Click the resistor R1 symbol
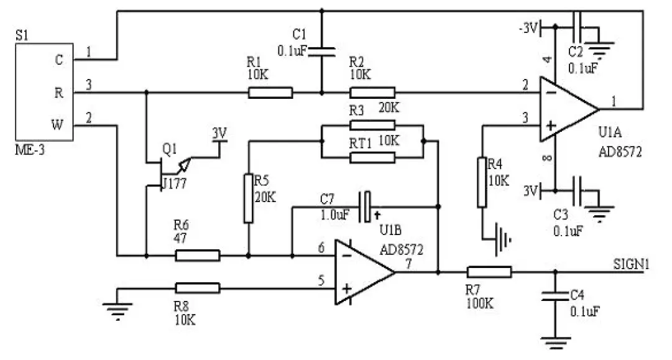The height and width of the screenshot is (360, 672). pyautogui.click(x=270, y=93)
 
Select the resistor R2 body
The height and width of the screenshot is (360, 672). pyautogui.click(x=372, y=93)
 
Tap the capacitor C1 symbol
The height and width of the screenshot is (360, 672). pyautogui.click(x=321, y=50)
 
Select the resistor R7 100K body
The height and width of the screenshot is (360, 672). pyautogui.click(x=489, y=272)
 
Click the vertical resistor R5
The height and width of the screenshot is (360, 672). pyautogui.click(x=249, y=198)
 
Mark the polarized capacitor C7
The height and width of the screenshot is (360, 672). pyautogui.click(x=367, y=206)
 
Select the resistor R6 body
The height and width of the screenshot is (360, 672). pyautogui.click(x=197, y=255)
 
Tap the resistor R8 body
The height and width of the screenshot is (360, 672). pyautogui.click(x=197, y=288)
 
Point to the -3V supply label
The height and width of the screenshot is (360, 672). pyautogui.click(x=528, y=27)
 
